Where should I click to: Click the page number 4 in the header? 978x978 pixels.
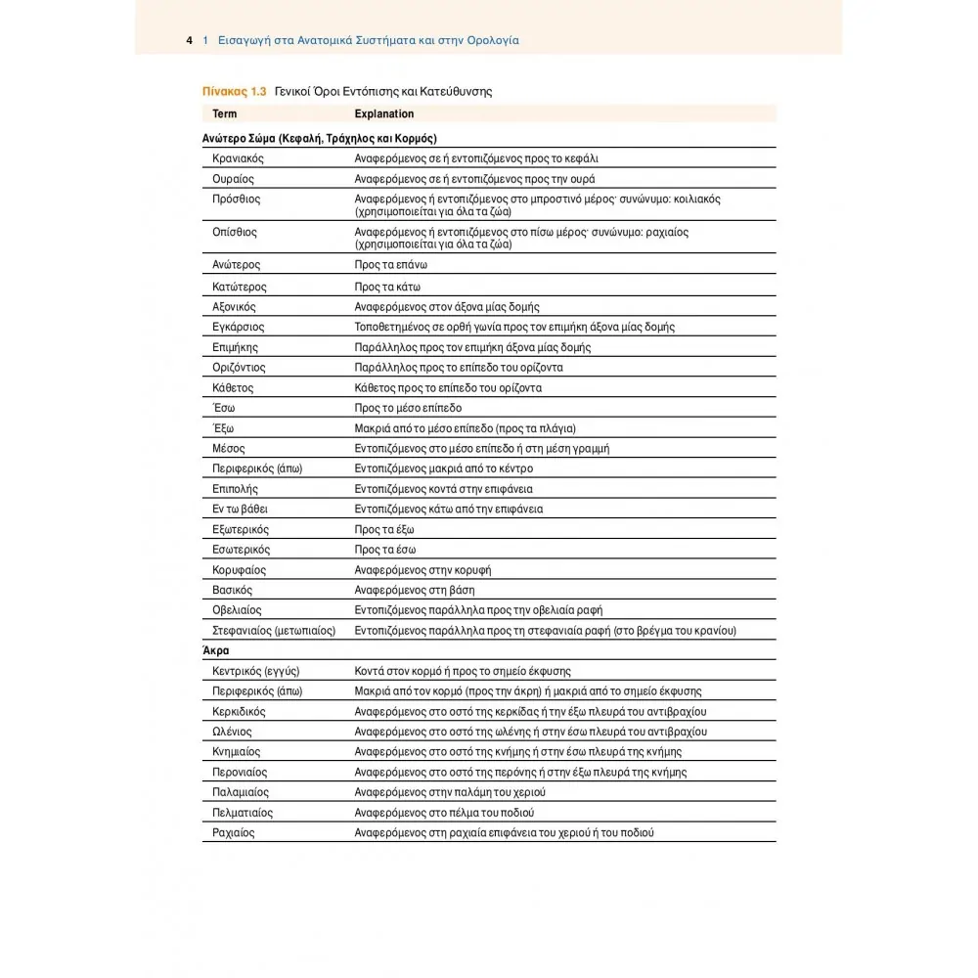point(188,41)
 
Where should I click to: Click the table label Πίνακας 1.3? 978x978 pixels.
point(234,92)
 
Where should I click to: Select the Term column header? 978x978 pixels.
point(224,114)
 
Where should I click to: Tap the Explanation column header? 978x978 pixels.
point(383,114)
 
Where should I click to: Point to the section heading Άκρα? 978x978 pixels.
point(215,650)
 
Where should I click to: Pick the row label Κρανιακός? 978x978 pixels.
point(238,158)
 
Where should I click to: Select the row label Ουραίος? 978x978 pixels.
point(233,179)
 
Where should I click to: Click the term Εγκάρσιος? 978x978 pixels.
point(238,327)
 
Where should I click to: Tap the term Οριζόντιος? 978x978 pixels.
point(239,368)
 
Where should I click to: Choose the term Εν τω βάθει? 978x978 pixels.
point(240,510)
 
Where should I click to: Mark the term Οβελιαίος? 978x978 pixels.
point(237,610)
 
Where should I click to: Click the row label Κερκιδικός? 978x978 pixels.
point(239,712)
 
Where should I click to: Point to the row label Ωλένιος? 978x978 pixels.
point(232,732)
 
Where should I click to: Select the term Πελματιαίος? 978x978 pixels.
point(243,813)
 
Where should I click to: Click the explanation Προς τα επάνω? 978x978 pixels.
point(391,265)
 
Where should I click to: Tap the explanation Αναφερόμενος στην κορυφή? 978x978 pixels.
point(422,570)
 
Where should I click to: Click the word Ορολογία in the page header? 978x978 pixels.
point(485,41)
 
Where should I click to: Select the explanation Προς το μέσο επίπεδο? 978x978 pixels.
point(408,408)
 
